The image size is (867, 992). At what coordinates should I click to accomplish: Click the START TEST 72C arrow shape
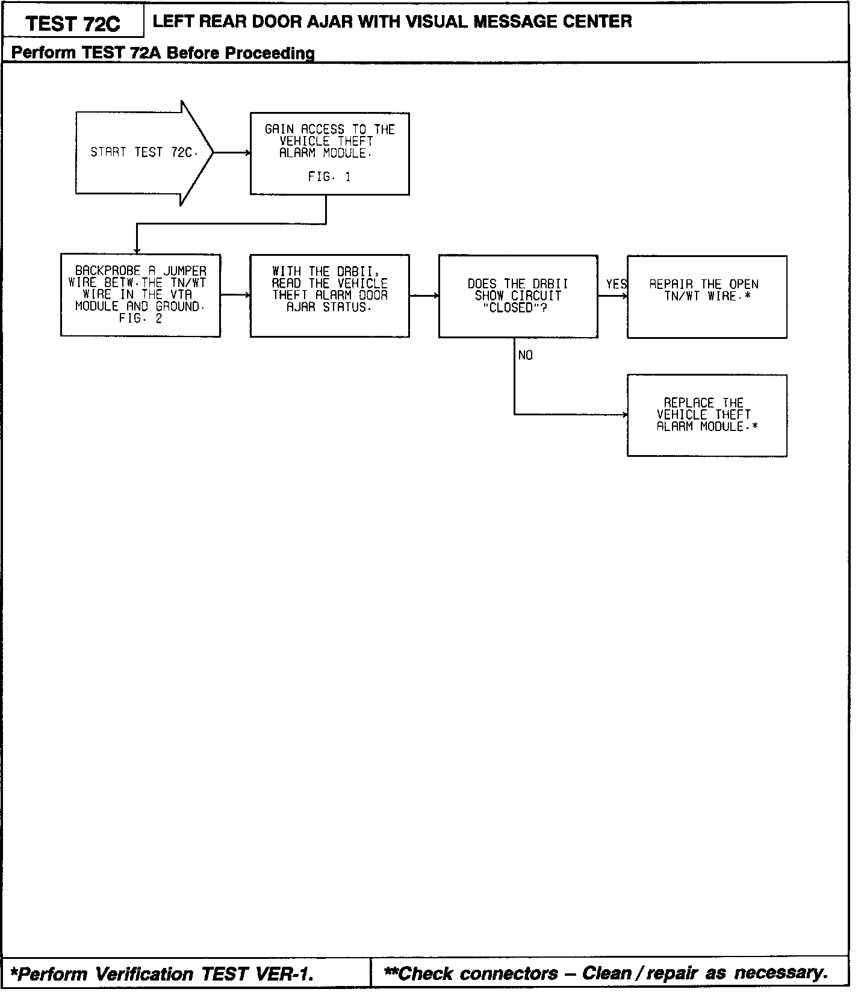pos(141,153)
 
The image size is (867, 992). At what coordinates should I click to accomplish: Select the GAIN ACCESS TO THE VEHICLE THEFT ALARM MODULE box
pos(329,153)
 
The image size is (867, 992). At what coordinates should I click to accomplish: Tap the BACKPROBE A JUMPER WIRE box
pos(140,295)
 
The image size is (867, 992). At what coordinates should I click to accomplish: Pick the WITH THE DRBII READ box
pos(329,296)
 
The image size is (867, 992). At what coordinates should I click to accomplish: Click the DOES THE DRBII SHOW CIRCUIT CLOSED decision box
pos(518,296)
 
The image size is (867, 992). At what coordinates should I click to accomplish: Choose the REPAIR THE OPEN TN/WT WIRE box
pos(707,296)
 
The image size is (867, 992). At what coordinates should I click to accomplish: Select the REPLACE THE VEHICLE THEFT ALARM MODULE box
pos(707,415)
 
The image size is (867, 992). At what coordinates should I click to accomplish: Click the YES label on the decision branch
pos(616,284)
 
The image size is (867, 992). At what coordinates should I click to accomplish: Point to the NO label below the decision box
pos(525,356)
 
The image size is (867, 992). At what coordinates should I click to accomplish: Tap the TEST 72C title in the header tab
pos(73,23)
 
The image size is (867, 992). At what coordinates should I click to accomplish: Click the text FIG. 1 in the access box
pos(329,177)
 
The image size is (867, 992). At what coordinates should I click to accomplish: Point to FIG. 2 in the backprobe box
pos(140,318)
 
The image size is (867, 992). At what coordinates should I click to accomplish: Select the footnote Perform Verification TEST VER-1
pos(163,974)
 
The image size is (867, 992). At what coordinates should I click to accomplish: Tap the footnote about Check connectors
pos(605,973)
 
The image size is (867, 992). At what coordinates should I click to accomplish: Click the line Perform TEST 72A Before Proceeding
pos(163,53)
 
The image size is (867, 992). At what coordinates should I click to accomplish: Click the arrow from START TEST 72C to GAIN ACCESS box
pos(232,153)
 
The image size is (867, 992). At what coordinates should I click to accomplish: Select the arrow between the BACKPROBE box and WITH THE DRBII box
pos(235,295)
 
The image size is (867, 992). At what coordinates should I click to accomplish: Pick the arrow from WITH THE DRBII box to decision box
pos(424,296)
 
